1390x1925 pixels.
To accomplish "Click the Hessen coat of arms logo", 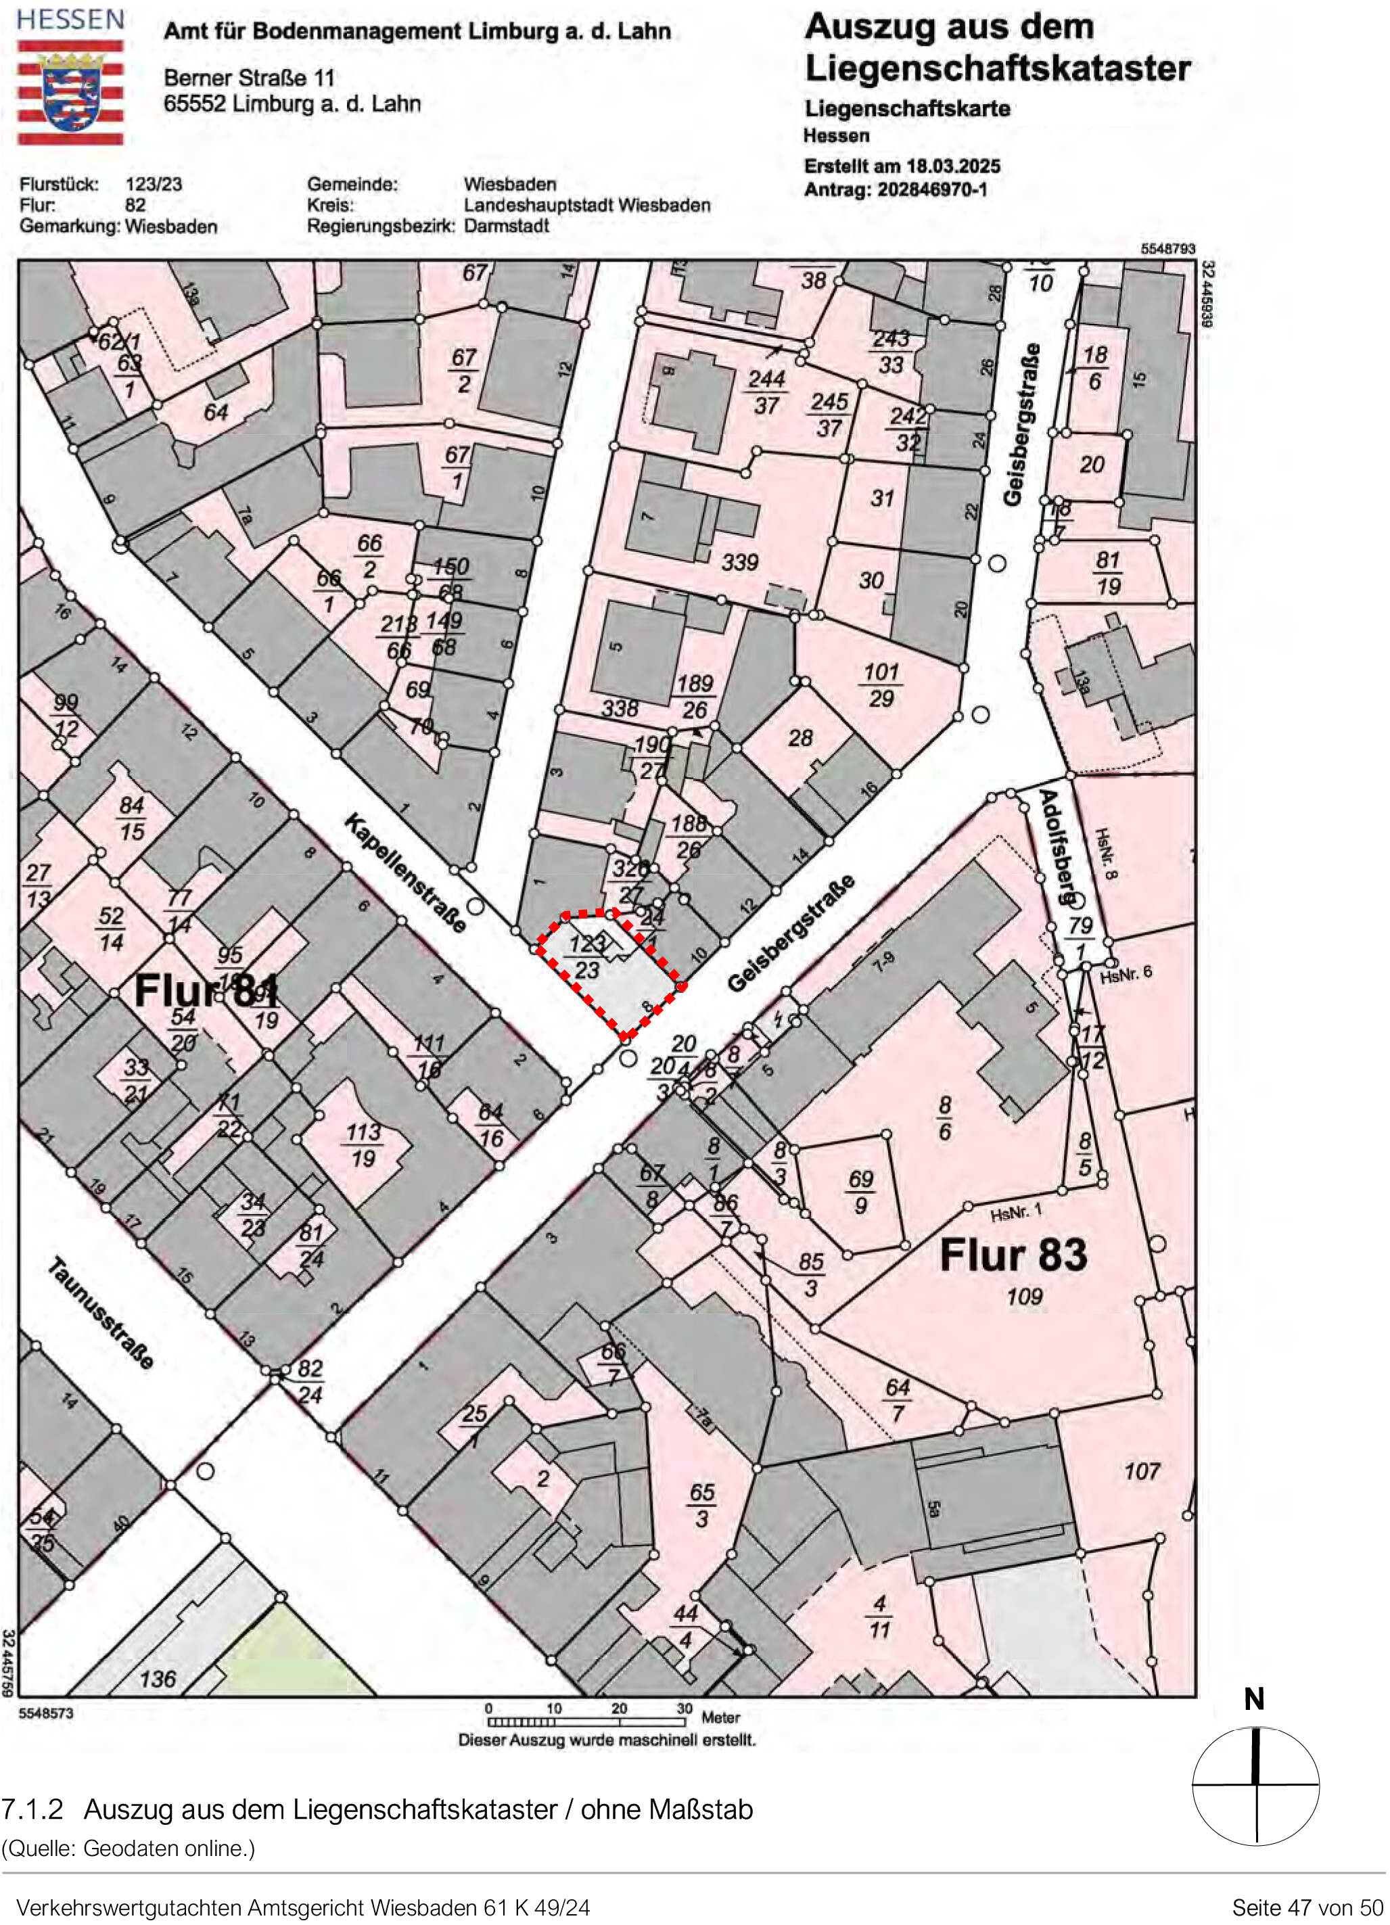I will [x=71, y=93].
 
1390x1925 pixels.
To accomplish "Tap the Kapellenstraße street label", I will [x=406, y=873].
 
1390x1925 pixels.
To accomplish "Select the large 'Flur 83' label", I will [x=1013, y=1255].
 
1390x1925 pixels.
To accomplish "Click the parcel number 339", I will [x=740, y=562].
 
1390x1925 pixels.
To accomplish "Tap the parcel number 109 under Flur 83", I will [x=1024, y=1297].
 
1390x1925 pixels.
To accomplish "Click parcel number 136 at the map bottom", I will [x=158, y=1679].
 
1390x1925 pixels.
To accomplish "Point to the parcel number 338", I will [x=620, y=708].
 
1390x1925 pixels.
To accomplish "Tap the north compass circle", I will [x=1256, y=1785].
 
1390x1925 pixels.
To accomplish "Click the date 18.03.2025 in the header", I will [x=952, y=166].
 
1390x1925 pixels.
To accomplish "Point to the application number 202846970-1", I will [x=932, y=189].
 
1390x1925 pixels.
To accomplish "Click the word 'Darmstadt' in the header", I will [x=507, y=226].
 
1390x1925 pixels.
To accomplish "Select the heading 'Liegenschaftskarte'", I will [x=907, y=109].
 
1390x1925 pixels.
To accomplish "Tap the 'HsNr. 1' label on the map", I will [x=1016, y=1213].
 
